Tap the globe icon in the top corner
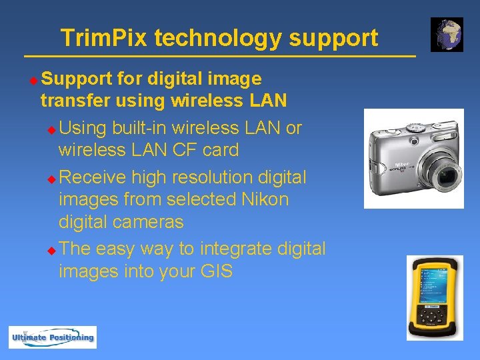point(447,35)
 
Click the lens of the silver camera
point(446,177)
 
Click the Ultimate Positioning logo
point(53,337)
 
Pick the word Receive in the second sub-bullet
point(93,177)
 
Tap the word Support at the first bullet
point(77,79)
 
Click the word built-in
point(140,127)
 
